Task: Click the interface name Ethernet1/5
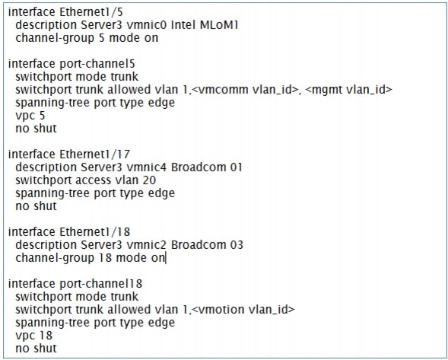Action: (91, 12)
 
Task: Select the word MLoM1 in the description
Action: (219, 25)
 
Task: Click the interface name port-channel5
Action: (97, 64)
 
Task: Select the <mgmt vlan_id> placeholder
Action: (348, 90)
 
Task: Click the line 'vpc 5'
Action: (30, 116)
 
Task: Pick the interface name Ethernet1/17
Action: (94, 155)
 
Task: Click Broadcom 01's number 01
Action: (237, 167)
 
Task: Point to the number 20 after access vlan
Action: (149, 180)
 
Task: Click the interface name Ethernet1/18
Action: (94, 232)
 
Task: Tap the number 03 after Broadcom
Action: (237, 245)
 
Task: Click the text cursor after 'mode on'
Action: (166, 258)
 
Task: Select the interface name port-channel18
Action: (100, 284)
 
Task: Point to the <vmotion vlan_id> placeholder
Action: (243, 310)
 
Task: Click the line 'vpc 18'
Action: (33, 336)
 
